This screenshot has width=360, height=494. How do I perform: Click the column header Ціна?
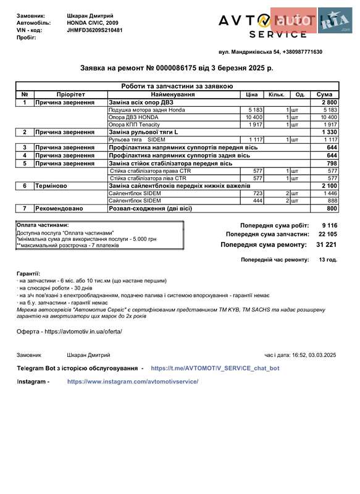[x=251, y=94]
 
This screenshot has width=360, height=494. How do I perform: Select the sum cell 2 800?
[x=329, y=102]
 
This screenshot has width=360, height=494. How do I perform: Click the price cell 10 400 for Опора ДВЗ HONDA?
[x=254, y=117]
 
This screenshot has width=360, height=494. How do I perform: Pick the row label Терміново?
[x=54, y=185]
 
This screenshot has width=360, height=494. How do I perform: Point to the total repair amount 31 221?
[x=326, y=245]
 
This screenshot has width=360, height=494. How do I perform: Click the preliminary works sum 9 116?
[x=329, y=225]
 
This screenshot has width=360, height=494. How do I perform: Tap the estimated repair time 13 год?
[x=327, y=260]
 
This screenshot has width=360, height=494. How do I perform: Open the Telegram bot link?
[x=215, y=368]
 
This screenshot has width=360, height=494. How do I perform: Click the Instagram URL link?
[x=133, y=382]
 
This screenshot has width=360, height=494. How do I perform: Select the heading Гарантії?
[x=28, y=273]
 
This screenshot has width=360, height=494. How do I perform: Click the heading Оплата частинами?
[x=43, y=225]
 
